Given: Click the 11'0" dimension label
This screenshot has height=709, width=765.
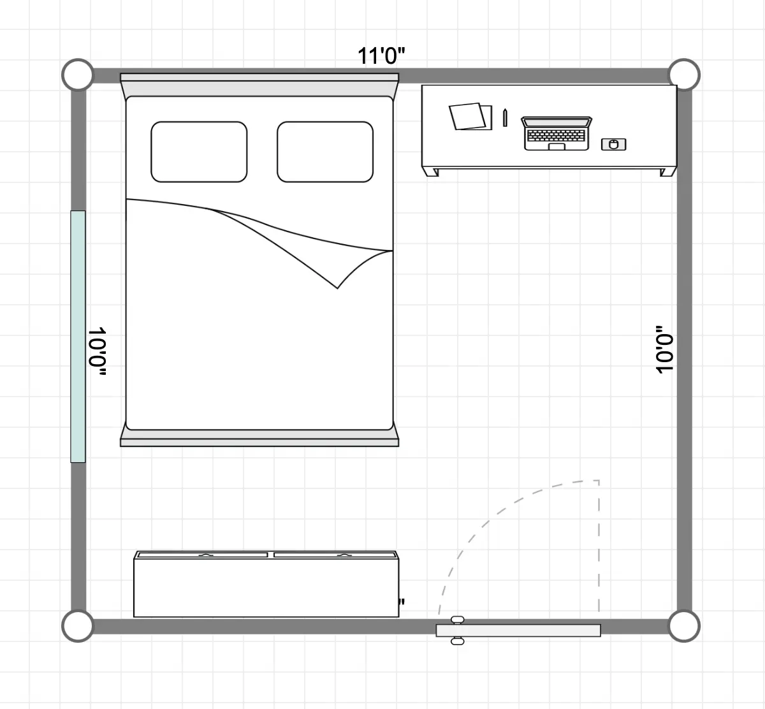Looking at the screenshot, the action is [381, 56].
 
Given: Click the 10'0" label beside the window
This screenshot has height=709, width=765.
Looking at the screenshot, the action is [97, 351].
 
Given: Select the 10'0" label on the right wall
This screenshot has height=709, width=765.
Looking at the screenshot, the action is [664, 349].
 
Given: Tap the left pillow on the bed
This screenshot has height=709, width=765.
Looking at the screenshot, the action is [199, 152].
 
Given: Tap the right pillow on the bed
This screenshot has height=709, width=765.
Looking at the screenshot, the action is [324, 152].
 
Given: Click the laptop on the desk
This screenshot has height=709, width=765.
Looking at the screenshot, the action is [557, 133].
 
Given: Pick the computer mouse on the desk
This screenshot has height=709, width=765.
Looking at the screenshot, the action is [613, 145].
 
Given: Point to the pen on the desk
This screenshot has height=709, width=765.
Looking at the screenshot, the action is [505, 118].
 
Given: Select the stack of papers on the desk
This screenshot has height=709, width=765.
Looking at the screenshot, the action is [470, 117].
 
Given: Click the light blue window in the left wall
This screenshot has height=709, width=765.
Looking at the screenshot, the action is [78, 337].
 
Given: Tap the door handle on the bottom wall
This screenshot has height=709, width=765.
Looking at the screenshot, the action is [457, 631].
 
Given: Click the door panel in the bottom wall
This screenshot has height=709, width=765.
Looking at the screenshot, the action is [518, 631].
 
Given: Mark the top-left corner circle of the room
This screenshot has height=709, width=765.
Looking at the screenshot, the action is [78, 75].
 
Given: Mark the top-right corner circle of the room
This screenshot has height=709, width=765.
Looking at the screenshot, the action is [684, 75].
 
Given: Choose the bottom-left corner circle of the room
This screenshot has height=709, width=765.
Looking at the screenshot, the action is [78, 625].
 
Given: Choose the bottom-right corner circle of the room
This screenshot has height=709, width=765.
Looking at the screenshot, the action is [684, 625].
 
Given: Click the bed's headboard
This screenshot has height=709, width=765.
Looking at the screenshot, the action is [259, 85].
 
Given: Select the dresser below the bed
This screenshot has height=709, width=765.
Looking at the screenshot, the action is [266, 584].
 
